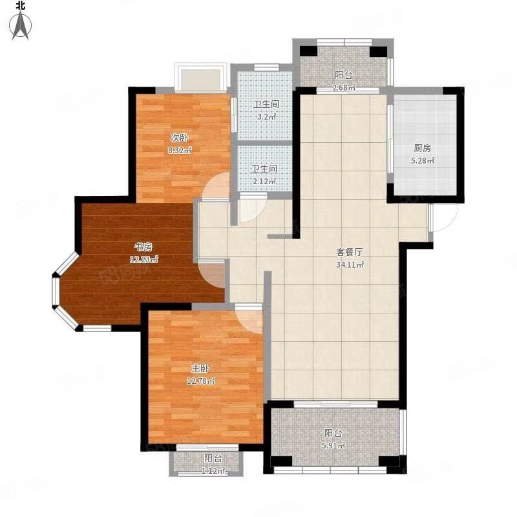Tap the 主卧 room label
(198, 368)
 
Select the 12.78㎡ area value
(201, 381)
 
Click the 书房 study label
(143, 247)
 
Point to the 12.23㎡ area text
(144, 259)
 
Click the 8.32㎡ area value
(180, 150)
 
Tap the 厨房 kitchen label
(422, 147)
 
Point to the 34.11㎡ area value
(350, 264)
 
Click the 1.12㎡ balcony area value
(213, 470)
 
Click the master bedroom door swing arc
(251, 318)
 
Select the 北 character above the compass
(21, 5)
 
